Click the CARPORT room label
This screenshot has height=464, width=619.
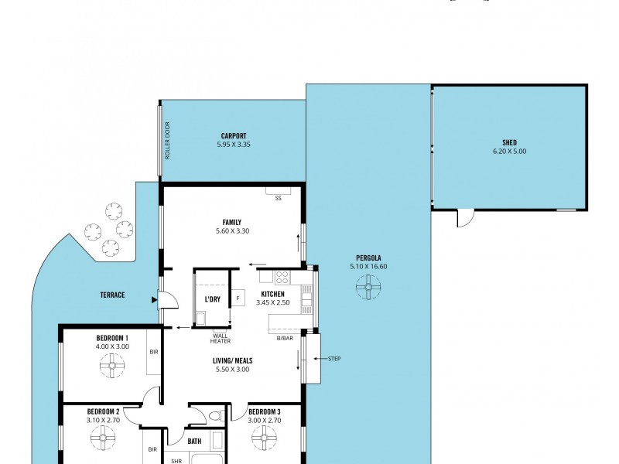(233, 136)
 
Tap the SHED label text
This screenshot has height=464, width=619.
(508, 143)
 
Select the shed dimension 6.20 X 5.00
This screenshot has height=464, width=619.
(508, 152)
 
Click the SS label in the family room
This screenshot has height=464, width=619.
(278, 198)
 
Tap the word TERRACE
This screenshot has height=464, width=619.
(112, 295)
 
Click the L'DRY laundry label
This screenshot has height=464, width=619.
(213, 299)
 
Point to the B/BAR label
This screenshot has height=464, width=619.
(284, 338)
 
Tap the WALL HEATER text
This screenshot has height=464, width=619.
(221, 338)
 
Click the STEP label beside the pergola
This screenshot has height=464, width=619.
(334, 359)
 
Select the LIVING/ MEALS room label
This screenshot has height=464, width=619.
(233, 360)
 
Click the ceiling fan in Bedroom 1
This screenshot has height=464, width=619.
(112, 370)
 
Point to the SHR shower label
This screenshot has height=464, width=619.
(176, 460)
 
